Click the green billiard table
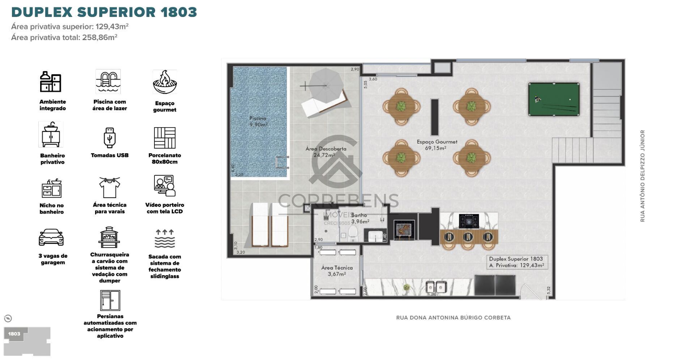554,99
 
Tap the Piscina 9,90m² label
258,121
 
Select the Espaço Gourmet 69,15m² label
437,145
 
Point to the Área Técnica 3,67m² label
337,271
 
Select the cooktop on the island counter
469,221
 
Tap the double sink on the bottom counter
435,287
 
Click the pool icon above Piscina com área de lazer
108,82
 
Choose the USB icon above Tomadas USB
109,138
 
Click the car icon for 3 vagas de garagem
51,237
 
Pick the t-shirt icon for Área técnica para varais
109,187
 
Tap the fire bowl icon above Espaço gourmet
165,82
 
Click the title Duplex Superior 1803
104,12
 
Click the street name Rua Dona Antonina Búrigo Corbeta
453,318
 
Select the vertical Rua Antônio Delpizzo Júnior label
642,176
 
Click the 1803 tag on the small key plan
14,334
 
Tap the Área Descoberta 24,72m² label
325,152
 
